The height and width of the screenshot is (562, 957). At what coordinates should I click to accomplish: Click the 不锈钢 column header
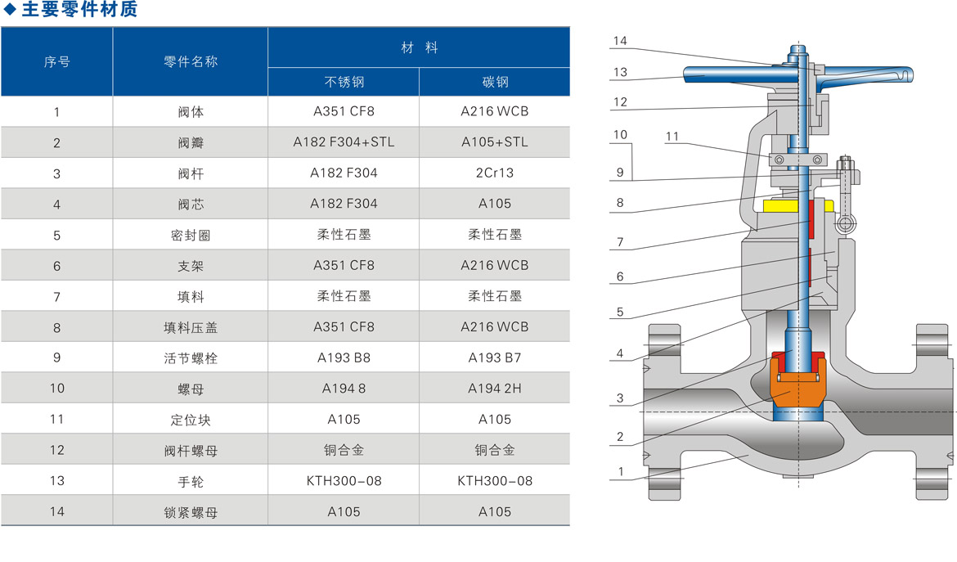(344, 82)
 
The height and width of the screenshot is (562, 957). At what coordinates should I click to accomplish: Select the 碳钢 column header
(495, 82)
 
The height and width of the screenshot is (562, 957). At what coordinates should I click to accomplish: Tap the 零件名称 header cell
(191, 61)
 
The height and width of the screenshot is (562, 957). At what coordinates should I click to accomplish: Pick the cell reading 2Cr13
(495, 173)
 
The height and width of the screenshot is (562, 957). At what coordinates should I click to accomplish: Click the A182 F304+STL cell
(344, 142)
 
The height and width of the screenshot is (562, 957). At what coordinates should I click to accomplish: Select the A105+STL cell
(495, 142)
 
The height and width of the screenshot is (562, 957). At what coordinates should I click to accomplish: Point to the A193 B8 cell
(344, 357)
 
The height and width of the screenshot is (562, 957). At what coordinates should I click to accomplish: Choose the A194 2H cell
(495, 389)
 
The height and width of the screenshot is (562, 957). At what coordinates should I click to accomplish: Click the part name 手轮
(191, 481)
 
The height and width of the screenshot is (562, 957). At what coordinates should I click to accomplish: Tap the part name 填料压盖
(191, 327)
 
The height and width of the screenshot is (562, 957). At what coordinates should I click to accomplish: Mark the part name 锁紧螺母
(191, 512)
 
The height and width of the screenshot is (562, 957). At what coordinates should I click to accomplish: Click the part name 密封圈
(191, 235)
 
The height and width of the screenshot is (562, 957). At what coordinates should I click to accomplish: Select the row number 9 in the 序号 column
(56, 357)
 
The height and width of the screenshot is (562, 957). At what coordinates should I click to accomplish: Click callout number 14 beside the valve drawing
(619, 41)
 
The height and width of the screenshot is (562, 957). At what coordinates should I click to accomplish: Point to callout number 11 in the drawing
(672, 137)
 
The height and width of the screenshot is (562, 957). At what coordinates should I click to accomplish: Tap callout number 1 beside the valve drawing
(620, 472)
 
